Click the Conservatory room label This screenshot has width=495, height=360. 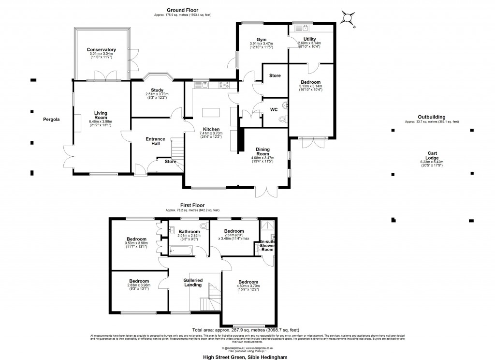(101, 49)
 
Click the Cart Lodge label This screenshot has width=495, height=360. (431, 155)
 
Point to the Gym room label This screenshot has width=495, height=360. (261, 39)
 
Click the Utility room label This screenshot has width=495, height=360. (310, 39)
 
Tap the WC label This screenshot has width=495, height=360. (274, 109)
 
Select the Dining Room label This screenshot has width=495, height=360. (262, 151)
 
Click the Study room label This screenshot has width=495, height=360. (157, 90)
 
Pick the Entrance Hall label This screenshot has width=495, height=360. (155, 141)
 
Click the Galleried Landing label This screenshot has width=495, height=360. (193, 283)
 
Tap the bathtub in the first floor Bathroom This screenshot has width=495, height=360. (182, 250)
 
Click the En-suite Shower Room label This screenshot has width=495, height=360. (267, 245)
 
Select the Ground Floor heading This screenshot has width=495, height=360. (180, 10)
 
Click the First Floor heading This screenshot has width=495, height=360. (192, 206)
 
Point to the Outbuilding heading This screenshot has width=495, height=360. (431, 117)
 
